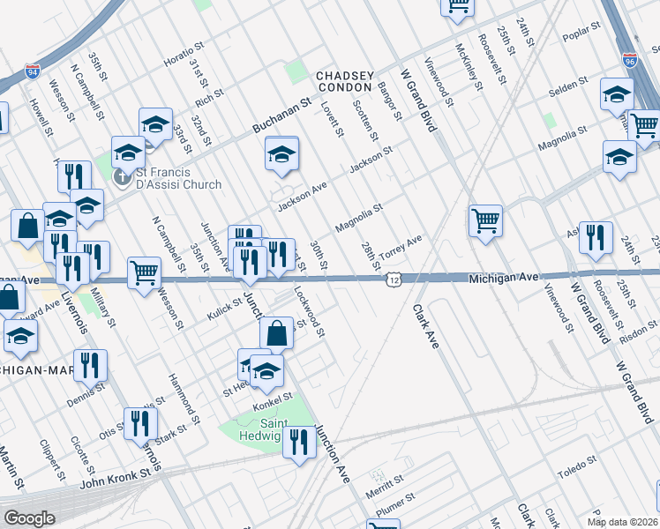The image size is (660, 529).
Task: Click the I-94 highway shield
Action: pyautogui.click(x=33, y=69)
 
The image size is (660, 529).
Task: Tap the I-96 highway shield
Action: pyautogui.click(x=629, y=60)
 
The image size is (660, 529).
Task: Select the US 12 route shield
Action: pyautogui.click(x=393, y=279)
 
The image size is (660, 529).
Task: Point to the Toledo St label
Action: pyautogui.click(x=583, y=467)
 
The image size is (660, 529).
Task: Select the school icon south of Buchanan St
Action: pyautogui.click(x=281, y=154)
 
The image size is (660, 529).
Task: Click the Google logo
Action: pyautogui.click(x=30, y=518)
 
